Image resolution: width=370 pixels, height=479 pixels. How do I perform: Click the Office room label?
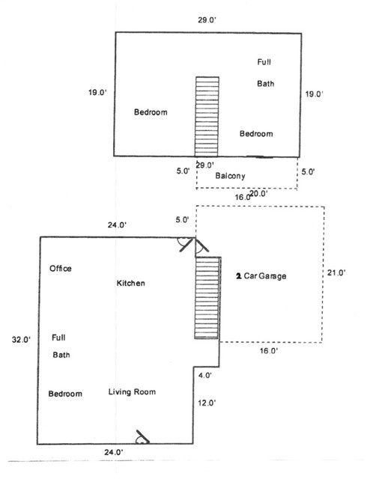(x=61, y=269)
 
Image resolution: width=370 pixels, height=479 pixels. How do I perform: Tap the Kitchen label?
(x=131, y=283)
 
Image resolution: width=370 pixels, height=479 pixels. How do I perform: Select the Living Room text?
(x=132, y=392)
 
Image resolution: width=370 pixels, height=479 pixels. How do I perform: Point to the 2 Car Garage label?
(x=261, y=276)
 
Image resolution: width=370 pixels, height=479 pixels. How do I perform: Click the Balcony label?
(x=230, y=176)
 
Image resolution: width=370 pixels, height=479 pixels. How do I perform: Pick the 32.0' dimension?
(x=21, y=339)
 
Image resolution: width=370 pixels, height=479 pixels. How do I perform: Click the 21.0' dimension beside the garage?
(x=336, y=272)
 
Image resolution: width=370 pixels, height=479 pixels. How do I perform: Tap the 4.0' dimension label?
(x=205, y=375)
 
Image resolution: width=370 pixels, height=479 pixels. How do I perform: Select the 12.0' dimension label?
(x=207, y=403)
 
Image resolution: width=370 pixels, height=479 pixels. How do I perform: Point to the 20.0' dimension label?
(x=259, y=193)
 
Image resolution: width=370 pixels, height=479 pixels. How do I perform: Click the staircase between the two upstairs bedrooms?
(x=207, y=117)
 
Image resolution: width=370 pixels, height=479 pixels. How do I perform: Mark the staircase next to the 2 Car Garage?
(x=207, y=298)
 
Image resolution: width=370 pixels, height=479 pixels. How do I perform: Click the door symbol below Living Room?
(x=142, y=437)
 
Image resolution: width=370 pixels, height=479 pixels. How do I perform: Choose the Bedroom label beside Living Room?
(x=65, y=394)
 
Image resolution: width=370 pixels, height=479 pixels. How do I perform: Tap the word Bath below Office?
(x=61, y=355)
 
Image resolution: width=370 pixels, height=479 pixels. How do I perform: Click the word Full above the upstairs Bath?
(x=264, y=62)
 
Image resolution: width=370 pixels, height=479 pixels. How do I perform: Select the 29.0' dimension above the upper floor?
(x=207, y=20)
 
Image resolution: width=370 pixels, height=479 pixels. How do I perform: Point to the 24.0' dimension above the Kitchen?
(x=117, y=225)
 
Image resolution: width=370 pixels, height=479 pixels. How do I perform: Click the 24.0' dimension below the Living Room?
(x=114, y=452)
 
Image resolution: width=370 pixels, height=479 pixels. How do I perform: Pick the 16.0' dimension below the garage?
(x=269, y=351)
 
